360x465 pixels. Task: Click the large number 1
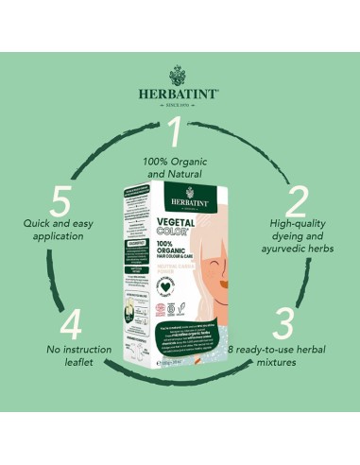tap(173, 131)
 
